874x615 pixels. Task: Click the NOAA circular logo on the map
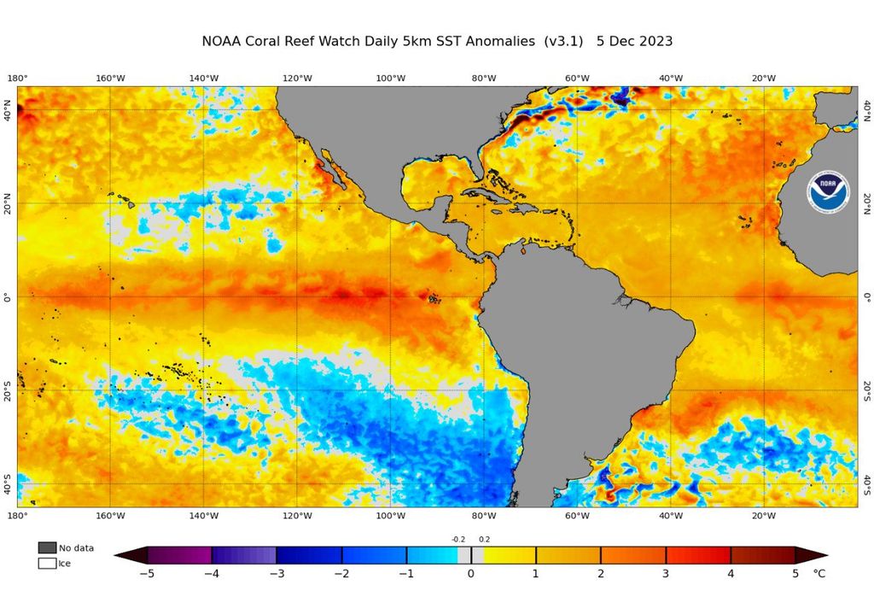(827, 192)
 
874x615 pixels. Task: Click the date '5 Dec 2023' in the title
(634, 41)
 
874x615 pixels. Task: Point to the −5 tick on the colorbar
(147, 573)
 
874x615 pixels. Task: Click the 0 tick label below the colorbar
(470, 573)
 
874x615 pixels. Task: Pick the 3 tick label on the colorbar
(666, 573)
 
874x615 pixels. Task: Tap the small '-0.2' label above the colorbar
(458, 539)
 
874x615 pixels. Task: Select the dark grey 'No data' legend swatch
(47, 548)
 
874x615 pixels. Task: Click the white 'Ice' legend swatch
(47, 563)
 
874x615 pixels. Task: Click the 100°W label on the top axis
(390, 79)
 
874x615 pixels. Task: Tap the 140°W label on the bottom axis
(203, 515)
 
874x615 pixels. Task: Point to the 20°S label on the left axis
(9, 390)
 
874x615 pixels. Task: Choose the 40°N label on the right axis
(866, 110)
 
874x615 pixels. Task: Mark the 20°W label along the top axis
(764, 79)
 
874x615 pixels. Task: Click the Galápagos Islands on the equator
(434, 299)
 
